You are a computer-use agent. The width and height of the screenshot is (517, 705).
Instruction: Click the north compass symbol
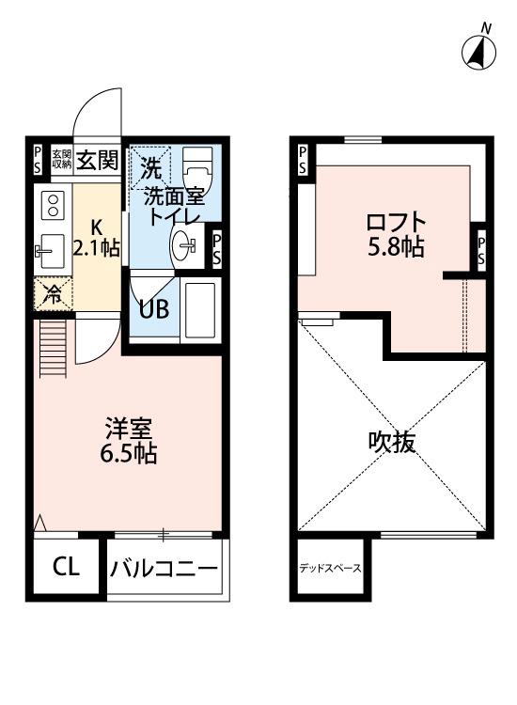click(x=478, y=51)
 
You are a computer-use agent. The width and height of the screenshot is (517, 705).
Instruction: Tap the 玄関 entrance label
click(x=97, y=160)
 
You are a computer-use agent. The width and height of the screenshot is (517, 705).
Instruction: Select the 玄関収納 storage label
click(x=61, y=160)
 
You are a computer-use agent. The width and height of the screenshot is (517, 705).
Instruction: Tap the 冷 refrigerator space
click(x=54, y=293)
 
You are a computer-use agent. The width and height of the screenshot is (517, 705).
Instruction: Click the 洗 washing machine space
click(x=150, y=167)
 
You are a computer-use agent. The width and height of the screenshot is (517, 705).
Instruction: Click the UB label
click(x=154, y=308)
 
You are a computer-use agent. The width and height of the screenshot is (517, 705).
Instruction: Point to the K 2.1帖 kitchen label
click(x=98, y=239)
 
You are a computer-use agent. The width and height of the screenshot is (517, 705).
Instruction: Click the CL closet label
click(x=65, y=567)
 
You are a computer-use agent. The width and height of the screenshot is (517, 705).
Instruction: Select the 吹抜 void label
click(x=392, y=443)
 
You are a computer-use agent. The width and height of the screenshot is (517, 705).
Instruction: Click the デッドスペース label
click(x=329, y=569)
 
